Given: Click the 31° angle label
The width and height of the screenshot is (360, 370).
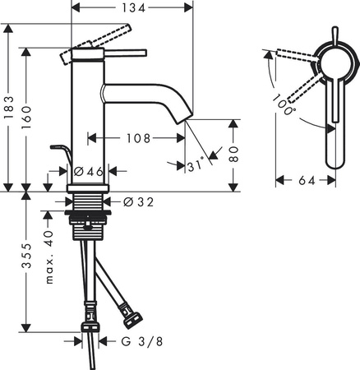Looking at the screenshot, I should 194,165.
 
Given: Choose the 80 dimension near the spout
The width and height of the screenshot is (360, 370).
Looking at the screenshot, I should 236,154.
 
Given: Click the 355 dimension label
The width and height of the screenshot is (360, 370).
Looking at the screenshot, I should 29,257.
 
